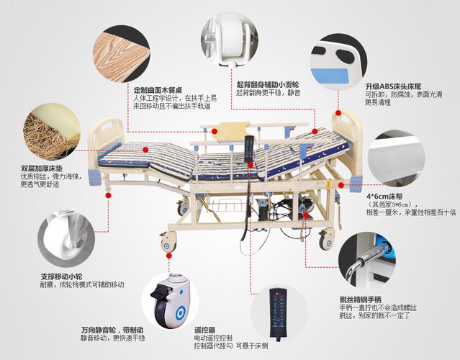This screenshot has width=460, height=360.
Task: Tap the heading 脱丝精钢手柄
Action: tap(364, 299)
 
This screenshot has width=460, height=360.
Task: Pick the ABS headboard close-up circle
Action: tap(342, 50)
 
